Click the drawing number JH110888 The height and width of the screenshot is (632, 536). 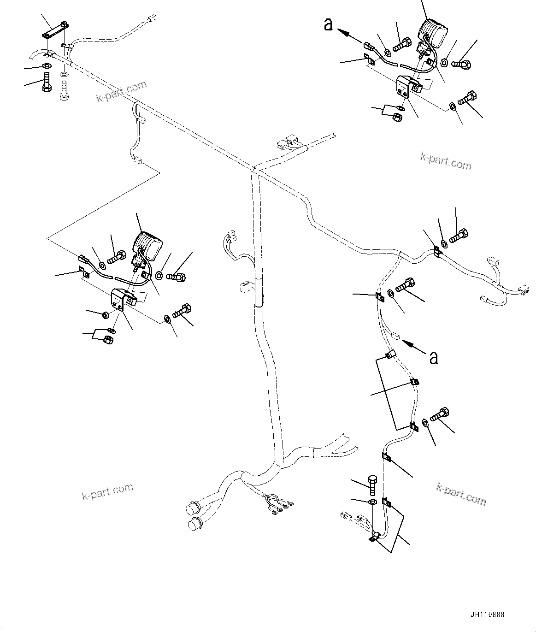[488, 614]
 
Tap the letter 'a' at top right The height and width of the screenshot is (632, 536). [328, 24]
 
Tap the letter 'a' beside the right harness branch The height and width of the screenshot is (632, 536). [433, 357]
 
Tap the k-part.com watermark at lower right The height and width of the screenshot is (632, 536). [460, 494]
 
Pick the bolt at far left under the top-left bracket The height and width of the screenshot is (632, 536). [47, 83]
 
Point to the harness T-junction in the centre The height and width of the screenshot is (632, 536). [253, 170]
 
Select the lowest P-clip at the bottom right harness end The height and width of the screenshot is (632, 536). [374, 537]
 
